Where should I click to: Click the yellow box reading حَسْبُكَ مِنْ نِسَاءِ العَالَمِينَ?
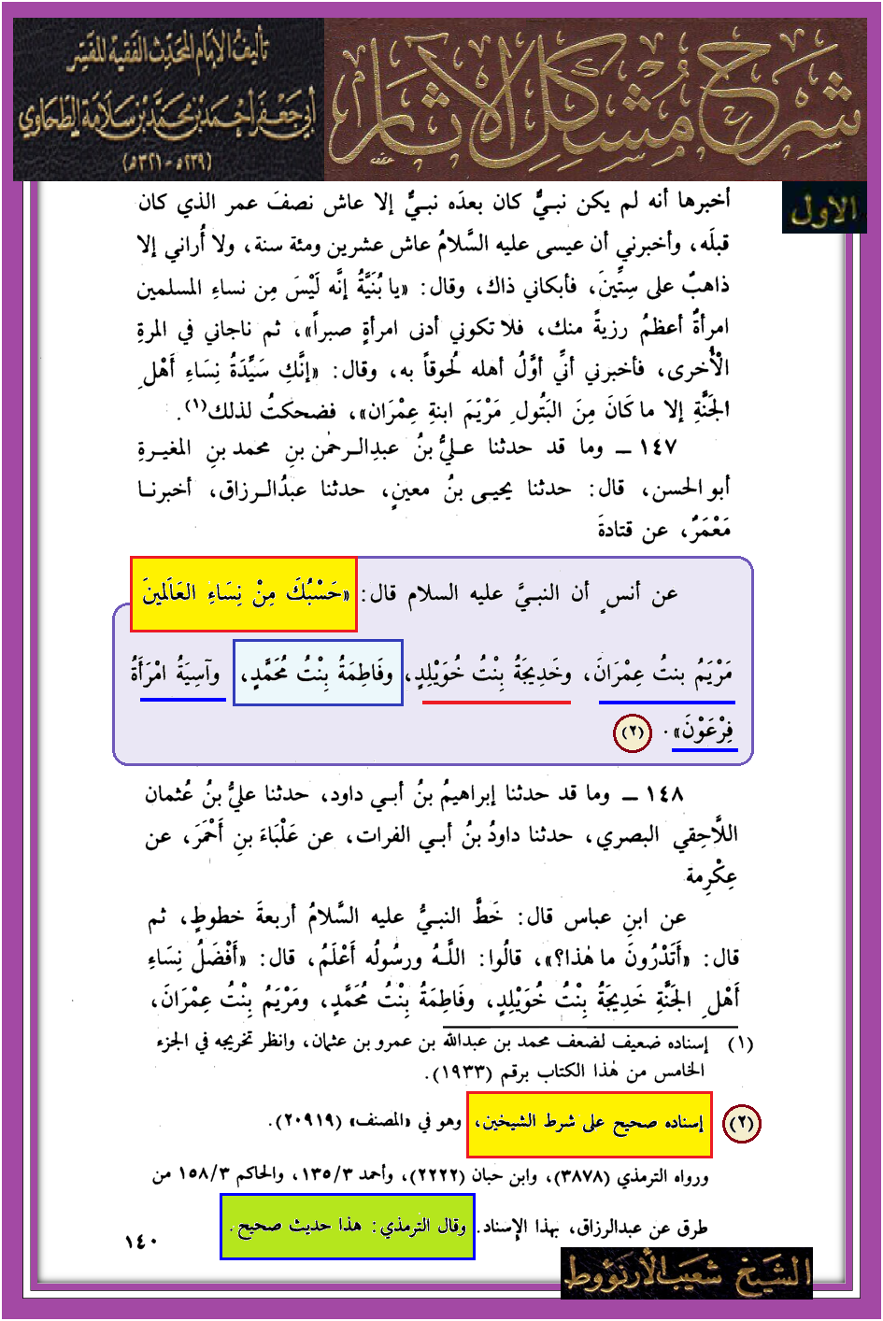(243, 594)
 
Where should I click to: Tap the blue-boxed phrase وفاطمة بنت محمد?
(318, 673)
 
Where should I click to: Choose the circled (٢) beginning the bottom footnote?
(741, 1123)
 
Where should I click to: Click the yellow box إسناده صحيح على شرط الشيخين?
(589, 1123)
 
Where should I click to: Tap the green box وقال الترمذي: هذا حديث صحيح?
(347, 1226)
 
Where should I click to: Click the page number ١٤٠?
(141, 1242)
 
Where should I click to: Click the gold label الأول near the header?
(823, 211)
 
